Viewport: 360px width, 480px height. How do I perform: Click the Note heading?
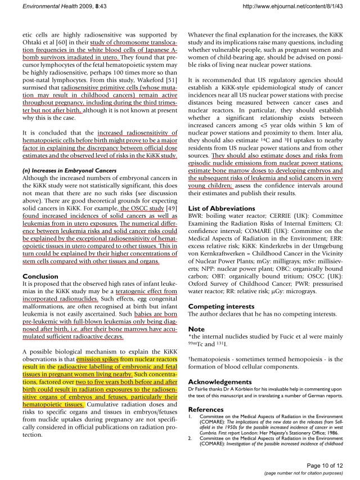point(196,328)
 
